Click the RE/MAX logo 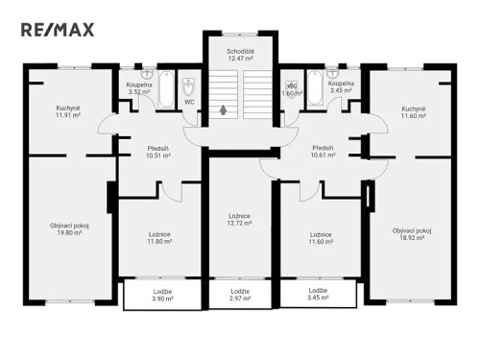point(59,29)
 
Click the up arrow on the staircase point(224,109)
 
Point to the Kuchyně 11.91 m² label point(67,113)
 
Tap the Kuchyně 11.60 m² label point(414,113)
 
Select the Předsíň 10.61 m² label point(324,152)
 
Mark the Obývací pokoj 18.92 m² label point(412,233)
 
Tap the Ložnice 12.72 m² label point(240,219)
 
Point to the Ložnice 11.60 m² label point(322,238)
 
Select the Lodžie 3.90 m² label point(162,295)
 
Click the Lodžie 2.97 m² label point(240,295)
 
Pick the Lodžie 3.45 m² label point(318,295)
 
